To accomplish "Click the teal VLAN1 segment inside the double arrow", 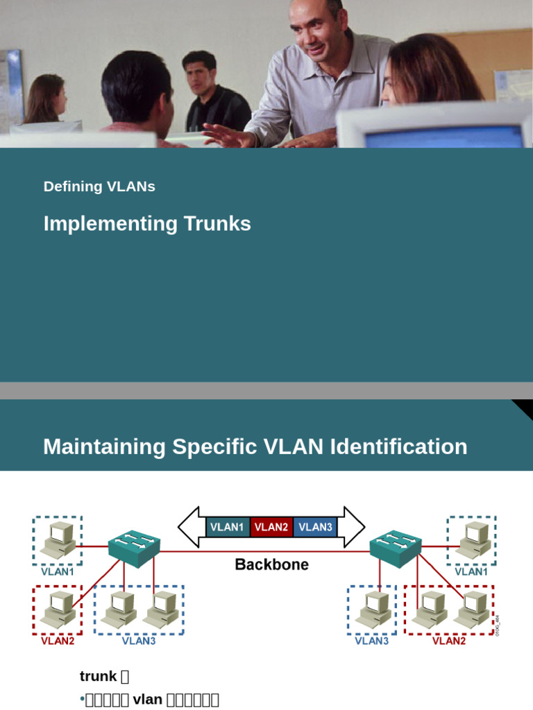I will pos(227,527).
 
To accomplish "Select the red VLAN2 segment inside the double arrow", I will pos(271,527).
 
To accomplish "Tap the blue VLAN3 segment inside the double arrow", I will pos(315,527).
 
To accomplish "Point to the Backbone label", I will pos(271,564).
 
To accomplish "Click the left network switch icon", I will pos(134,548).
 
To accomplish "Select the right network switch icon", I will pos(395,548).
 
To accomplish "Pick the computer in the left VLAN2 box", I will pos(57,609).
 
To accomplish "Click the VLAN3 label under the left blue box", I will pos(139,641).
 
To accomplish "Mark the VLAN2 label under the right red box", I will pos(449,641).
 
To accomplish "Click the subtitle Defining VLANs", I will pos(99,187).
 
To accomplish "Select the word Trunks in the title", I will pos(217,224).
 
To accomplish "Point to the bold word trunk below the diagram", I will pos(98,676).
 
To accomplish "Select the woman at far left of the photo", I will pos(47,101).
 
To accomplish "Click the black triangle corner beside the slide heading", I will pos(524,408).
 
